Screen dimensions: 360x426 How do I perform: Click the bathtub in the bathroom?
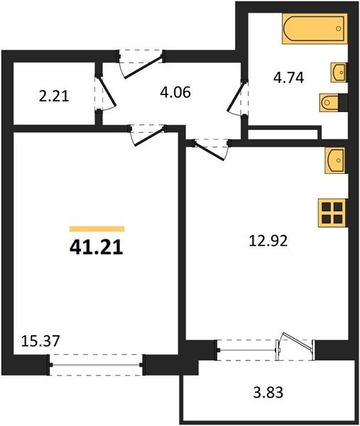(x=315, y=28)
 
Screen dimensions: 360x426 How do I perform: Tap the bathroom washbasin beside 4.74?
(x=339, y=72)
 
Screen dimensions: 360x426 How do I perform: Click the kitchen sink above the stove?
(x=337, y=160)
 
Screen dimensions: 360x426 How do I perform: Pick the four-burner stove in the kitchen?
(x=332, y=213)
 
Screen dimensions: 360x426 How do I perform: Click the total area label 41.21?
(x=97, y=248)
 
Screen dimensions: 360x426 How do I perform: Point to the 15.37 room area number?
(x=40, y=341)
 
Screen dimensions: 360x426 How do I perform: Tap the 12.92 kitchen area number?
(x=268, y=241)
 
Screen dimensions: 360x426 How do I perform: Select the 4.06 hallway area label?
(x=175, y=92)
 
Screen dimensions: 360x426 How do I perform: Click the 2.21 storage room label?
(x=54, y=97)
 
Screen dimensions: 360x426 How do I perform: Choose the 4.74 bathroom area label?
(x=288, y=77)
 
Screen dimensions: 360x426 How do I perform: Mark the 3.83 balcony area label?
(x=268, y=393)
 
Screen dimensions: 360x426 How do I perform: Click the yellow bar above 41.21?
(x=97, y=229)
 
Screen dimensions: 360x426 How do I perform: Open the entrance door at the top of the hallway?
(x=141, y=64)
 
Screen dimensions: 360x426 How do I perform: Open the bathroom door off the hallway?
(x=237, y=98)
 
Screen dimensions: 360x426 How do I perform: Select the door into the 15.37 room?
(x=148, y=135)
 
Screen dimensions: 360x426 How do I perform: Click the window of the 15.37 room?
(x=96, y=365)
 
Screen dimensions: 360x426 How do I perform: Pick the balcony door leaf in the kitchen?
(x=297, y=340)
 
